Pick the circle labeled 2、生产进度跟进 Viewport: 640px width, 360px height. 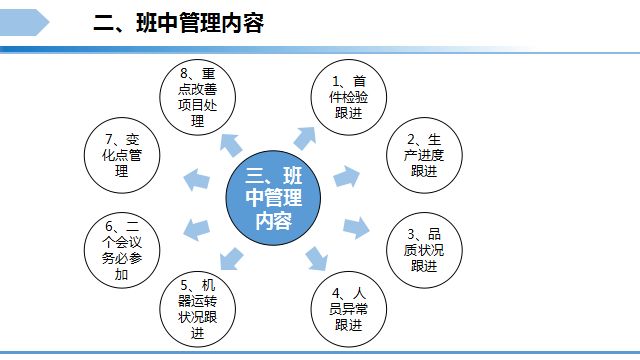tap(422, 154)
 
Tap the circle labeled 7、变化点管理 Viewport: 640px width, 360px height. tap(122, 159)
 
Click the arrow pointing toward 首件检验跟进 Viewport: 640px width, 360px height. tap(304, 136)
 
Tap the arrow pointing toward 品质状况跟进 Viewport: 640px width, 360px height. tap(356, 225)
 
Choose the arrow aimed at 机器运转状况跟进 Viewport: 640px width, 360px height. tap(232, 257)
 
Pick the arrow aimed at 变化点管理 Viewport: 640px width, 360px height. tap(198, 180)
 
